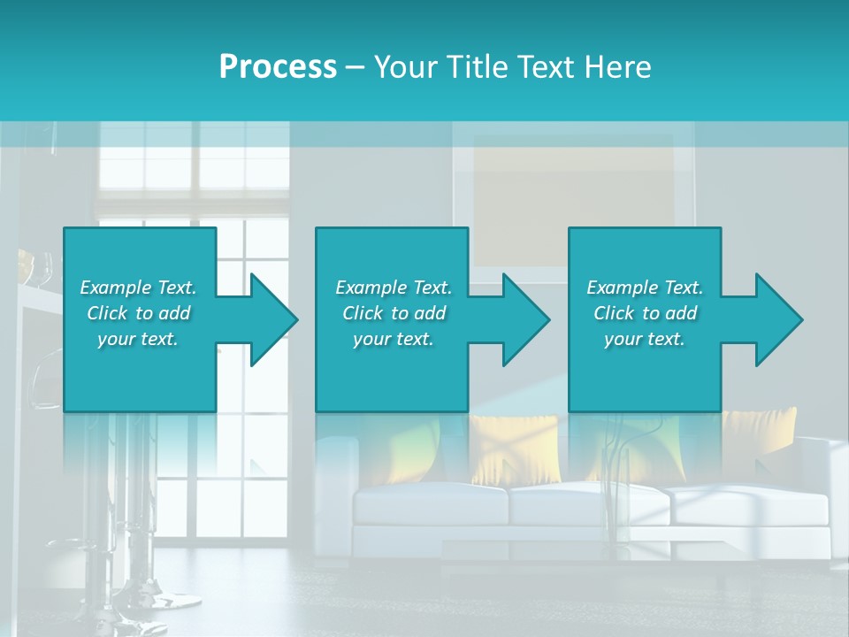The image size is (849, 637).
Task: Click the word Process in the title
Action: click(x=278, y=67)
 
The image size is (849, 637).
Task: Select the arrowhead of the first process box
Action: click(x=270, y=319)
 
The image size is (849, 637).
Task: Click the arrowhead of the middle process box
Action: click(x=523, y=319)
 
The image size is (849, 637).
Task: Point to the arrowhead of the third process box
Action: click(x=776, y=319)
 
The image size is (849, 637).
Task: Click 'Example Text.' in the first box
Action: click(x=138, y=288)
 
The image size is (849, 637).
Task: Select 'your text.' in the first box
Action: click(x=138, y=339)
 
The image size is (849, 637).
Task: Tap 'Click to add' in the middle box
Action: click(x=394, y=313)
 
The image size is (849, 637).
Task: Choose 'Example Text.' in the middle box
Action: click(x=394, y=288)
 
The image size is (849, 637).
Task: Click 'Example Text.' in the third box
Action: click(x=645, y=288)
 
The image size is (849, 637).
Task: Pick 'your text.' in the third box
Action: click(x=645, y=339)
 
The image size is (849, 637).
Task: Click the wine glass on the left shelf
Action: click(x=46, y=265)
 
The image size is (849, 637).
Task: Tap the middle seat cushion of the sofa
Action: click(x=587, y=504)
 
